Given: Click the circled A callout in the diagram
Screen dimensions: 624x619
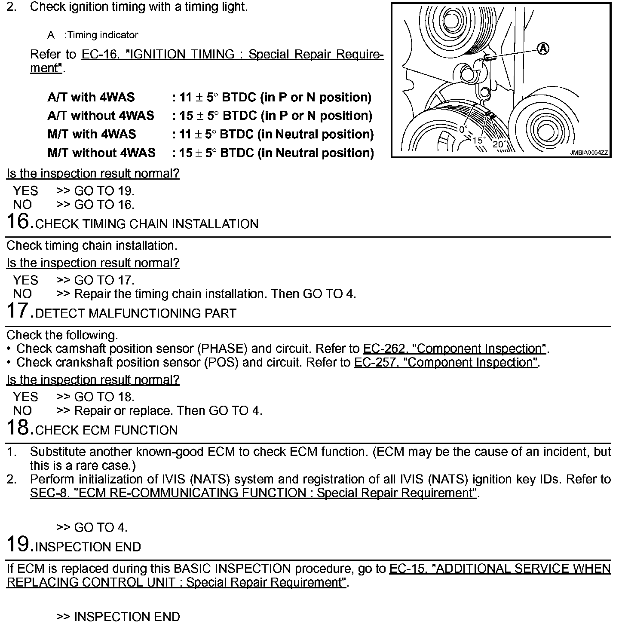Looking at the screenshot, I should [x=543, y=49].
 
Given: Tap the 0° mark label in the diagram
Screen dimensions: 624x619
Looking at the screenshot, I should [x=463, y=128].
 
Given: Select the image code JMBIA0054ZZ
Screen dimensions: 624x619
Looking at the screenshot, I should [x=589, y=153].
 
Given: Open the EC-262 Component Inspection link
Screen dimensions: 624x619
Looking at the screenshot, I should [x=455, y=349].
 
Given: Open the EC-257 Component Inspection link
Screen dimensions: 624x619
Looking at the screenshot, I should [x=446, y=362].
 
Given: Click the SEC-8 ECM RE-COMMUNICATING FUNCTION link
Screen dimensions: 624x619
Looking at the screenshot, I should [x=254, y=493].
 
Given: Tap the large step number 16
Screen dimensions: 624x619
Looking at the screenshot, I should [x=20, y=221].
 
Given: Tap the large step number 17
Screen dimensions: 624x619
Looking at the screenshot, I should [x=20, y=311].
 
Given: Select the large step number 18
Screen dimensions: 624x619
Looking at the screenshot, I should [x=20, y=428].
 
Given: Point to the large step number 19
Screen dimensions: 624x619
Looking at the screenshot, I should [x=20, y=544].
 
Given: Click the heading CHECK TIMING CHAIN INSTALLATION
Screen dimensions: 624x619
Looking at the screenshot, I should [x=147, y=224].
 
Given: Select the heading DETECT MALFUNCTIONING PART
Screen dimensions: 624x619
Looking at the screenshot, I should [x=136, y=314].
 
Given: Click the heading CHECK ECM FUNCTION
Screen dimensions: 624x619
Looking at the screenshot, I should [x=107, y=431].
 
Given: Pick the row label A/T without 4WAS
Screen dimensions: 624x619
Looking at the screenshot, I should [x=101, y=116].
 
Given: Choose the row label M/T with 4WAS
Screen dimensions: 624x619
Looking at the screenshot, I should [x=92, y=134].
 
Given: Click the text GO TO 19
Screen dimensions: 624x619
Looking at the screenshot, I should [x=104, y=191].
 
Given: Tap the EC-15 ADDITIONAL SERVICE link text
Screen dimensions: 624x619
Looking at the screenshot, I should [x=500, y=569].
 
